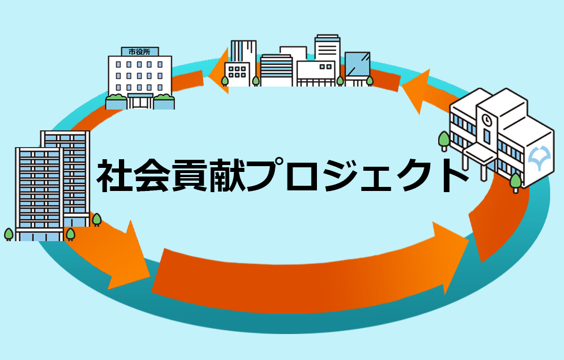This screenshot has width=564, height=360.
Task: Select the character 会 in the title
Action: coord(154,176)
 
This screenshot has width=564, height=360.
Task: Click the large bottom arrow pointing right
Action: coord(306,268)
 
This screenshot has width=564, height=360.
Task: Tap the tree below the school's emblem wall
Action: coord(516,181)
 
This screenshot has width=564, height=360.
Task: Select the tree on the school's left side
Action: coord(444,139)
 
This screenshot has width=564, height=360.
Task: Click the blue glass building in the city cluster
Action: coord(357,65)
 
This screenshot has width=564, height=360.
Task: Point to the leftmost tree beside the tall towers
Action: coord(9,234)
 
